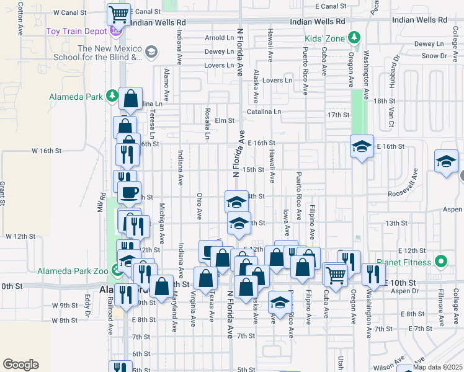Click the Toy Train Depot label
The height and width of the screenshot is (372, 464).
coord(76,30)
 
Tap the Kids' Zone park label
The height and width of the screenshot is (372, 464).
coord(324,38)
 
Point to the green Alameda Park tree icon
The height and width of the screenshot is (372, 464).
coord(112,96)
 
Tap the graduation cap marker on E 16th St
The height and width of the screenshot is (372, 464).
coord(362,146)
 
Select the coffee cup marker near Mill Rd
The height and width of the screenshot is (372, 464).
coord(130,192)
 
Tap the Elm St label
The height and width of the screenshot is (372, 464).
coord(225,120)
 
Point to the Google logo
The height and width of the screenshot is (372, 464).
coord(20,365)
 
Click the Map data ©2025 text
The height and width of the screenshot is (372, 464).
coord(437,367)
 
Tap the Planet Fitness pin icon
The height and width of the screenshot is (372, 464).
coord(441,262)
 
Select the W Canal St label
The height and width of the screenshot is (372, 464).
coord(70,12)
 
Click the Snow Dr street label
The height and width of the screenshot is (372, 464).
coord(434,56)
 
